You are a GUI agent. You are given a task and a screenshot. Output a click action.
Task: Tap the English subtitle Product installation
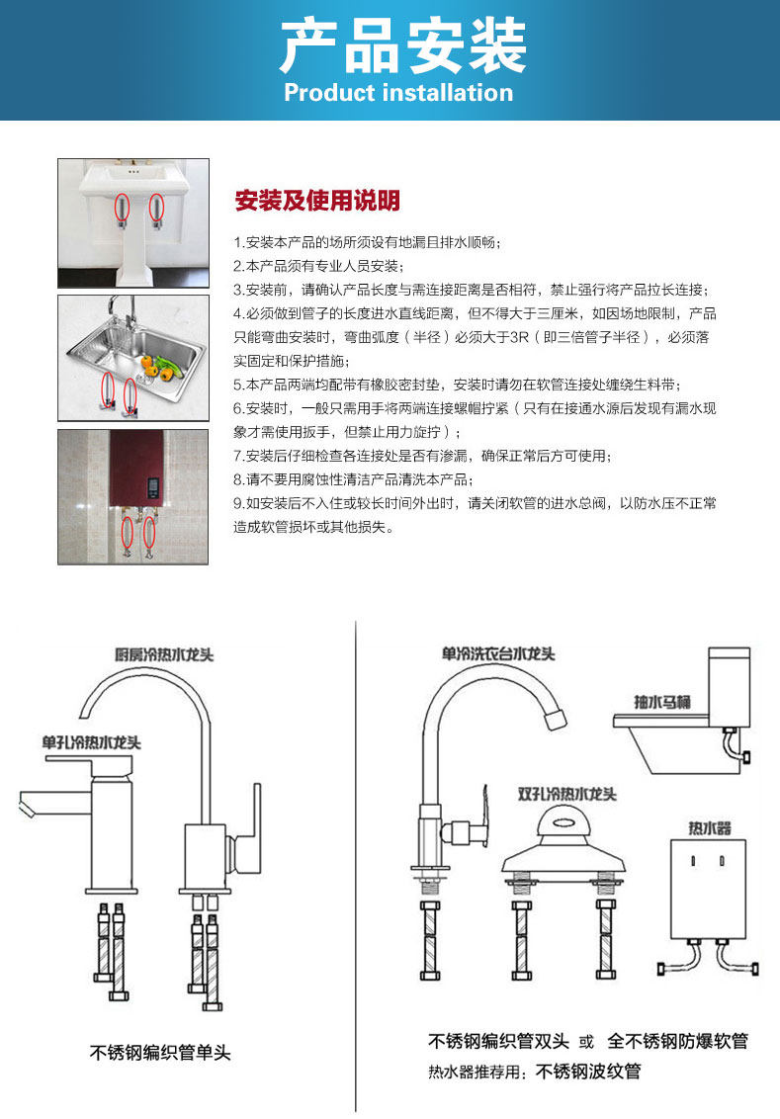tap(398, 93)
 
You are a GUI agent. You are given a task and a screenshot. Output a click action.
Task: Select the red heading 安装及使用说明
tap(317, 202)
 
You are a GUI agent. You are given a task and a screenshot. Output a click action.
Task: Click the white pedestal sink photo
tap(132, 223)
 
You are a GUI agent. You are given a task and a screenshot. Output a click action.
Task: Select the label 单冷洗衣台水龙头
tap(498, 654)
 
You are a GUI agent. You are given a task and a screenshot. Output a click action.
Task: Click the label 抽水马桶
tap(661, 702)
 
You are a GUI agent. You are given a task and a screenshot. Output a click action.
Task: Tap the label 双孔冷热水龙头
tap(567, 794)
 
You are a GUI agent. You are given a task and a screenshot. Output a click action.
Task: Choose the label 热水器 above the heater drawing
tap(710, 826)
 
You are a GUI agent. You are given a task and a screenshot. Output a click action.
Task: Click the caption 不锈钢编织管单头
tap(160, 1053)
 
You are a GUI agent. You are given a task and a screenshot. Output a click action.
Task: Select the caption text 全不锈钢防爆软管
tap(677, 1041)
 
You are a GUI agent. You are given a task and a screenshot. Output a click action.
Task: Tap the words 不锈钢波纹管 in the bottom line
tap(588, 1072)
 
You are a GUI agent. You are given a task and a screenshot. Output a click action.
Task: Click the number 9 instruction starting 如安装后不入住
tap(475, 515)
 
